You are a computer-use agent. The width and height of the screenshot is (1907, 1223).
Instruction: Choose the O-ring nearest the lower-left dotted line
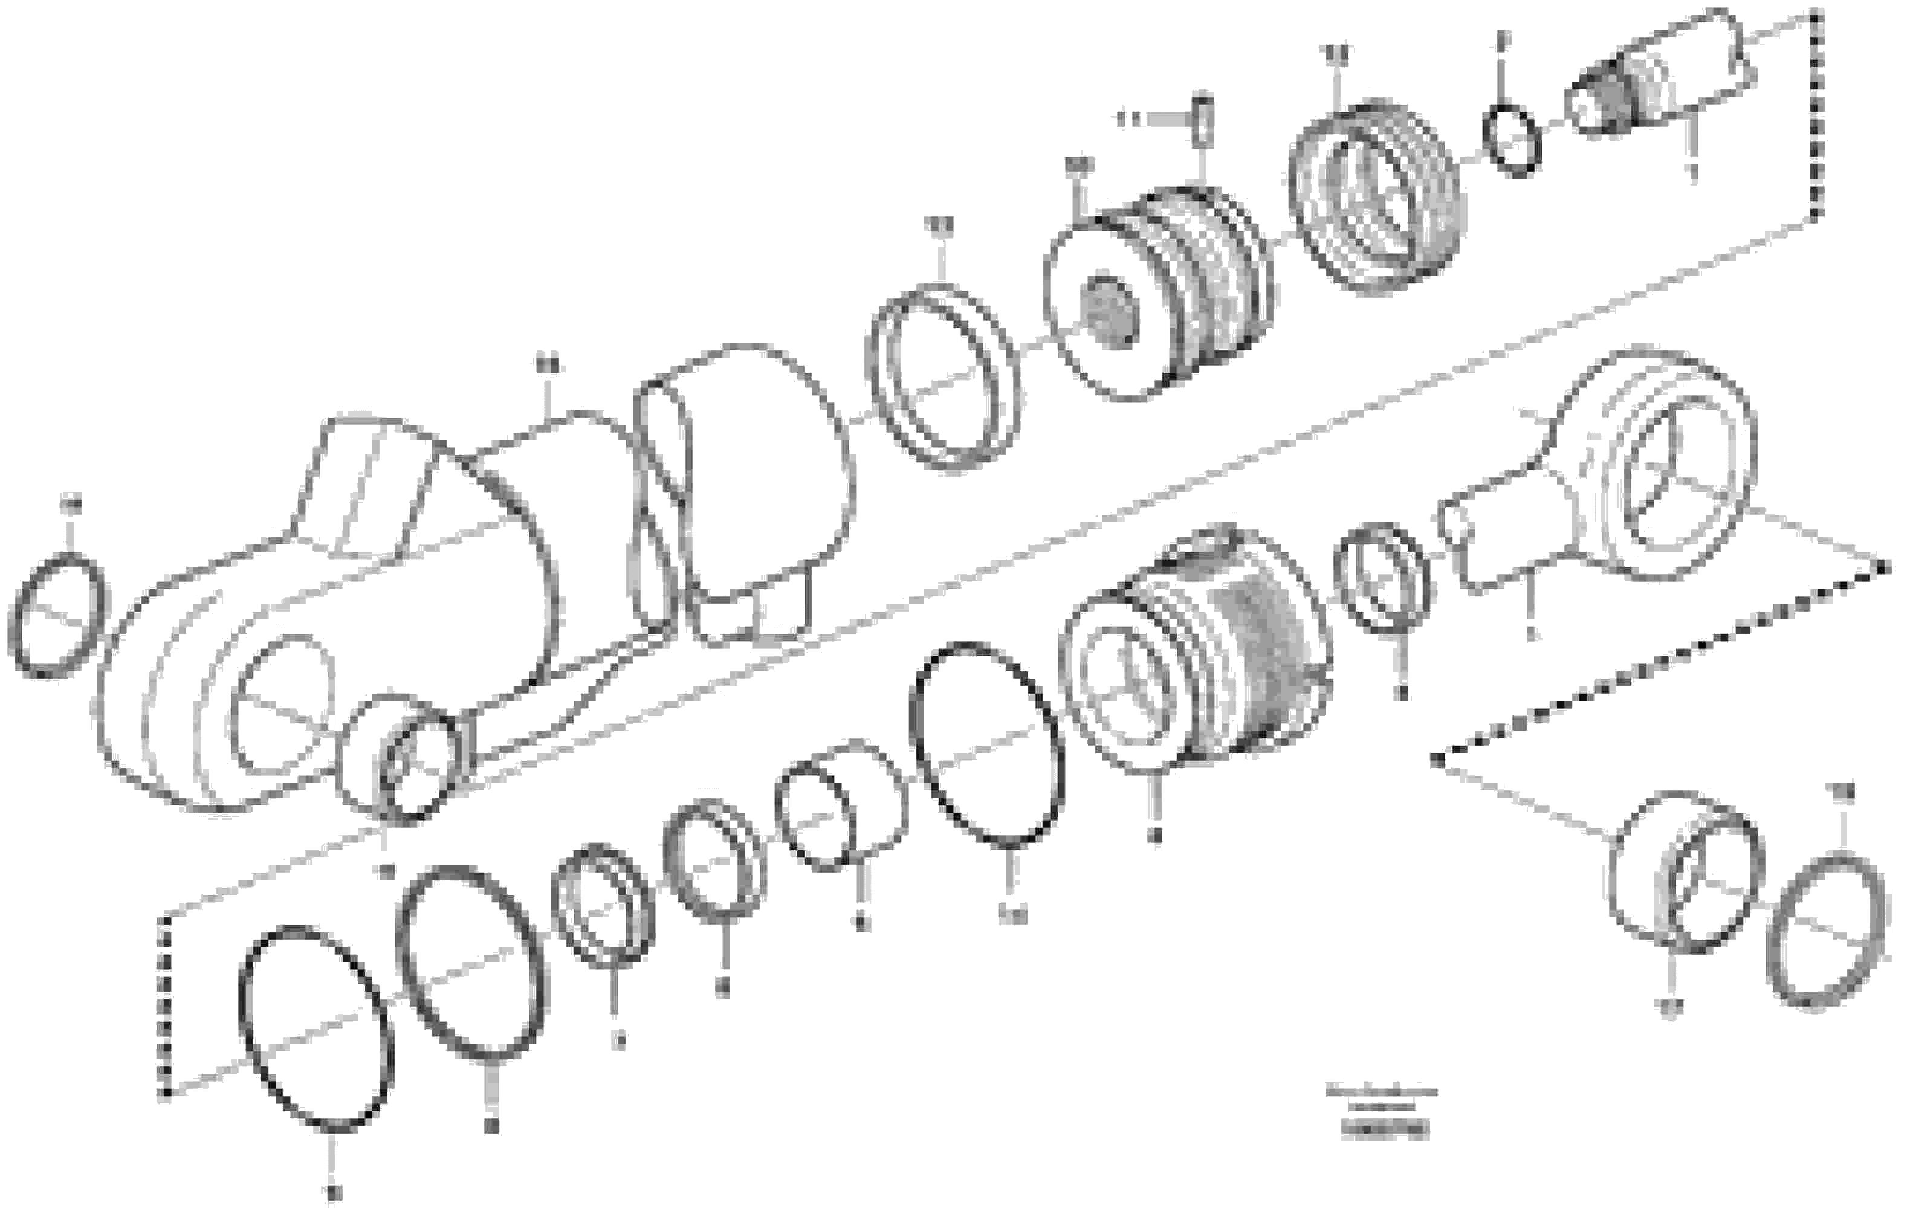pos(316,1028)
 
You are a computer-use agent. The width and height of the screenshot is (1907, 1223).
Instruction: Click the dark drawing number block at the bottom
pos(1384,1129)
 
